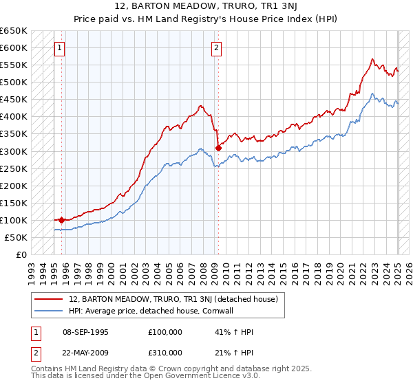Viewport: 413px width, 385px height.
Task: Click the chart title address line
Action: pyautogui.click(x=206, y=6)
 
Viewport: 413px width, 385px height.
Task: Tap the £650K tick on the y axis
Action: pyautogui.click(x=14, y=31)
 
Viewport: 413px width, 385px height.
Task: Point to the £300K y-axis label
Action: pyautogui.click(x=14, y=151)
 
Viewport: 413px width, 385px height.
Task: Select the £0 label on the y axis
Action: pyautogui.click(x=21, y=254)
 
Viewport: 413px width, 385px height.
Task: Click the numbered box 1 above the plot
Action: pyautogui.click(x=61, y=48)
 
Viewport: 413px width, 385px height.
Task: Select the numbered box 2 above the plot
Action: pyautogui.click(x=216, y=48)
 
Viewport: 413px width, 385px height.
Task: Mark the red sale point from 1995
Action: pyautogui.click(x=61, y=220)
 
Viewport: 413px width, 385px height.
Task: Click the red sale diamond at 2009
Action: pyautogui.click(x=218, y=147)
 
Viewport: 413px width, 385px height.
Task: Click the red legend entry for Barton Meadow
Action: pyautogui.click(x=173, y=299)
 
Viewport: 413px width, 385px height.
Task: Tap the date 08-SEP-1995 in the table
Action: pyautogui.click(x=85, y=333)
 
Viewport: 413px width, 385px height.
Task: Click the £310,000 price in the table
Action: pyautogui.click(x=165, y=352)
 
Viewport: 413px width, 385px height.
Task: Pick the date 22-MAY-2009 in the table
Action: pyautogui.click(x=85, y=352)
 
